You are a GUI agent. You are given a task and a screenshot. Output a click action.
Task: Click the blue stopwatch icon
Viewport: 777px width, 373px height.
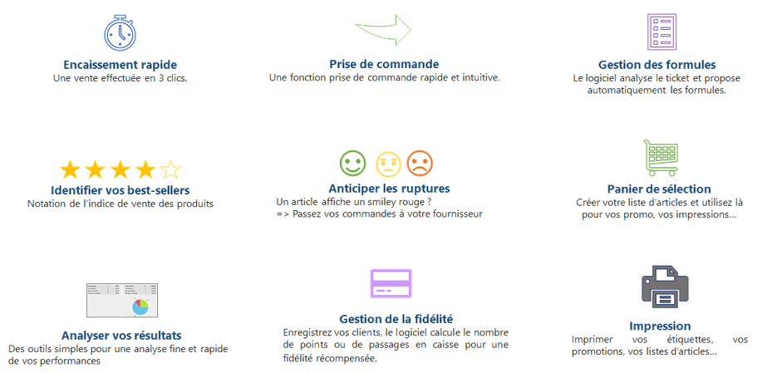(x=120, y=34)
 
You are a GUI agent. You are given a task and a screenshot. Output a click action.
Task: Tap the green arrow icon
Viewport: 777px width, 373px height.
(x=384, y=30)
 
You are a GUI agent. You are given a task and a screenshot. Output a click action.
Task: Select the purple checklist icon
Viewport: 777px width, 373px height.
(x=661, y=32)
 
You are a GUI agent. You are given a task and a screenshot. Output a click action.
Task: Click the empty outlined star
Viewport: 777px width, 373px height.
(x=171, y=170)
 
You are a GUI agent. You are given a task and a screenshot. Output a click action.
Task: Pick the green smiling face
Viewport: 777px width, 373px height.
(x=352, y=164)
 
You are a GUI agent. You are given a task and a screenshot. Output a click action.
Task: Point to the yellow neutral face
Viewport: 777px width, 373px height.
(x=388, y=164)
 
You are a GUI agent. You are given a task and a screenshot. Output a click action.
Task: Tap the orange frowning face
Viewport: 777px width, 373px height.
(x=420, y=164)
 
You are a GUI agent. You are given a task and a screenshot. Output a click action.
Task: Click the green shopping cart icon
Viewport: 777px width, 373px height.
(x=661, y=158)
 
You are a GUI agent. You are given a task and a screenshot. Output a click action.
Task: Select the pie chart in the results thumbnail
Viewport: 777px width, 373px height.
(x=140, y=307)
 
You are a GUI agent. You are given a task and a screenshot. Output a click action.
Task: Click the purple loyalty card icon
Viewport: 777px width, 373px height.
(x=391, y=283)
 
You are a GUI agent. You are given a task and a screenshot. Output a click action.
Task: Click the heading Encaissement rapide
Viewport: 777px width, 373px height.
(x=120, y=65)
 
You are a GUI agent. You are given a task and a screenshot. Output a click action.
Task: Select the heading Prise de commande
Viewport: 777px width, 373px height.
(x=384, y=65)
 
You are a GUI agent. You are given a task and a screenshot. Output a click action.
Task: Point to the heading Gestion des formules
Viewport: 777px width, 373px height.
(x=657, y=65)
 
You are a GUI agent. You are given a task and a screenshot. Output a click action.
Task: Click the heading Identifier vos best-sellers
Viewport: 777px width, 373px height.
(x=120, y=190)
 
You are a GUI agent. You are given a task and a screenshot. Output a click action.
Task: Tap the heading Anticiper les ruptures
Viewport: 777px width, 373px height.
(x=389, y=189)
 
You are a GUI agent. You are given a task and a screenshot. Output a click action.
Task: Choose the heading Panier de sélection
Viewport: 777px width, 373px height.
(x=659, y=189)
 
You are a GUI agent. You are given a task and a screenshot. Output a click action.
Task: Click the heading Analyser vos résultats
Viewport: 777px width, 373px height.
(x=121, y=336)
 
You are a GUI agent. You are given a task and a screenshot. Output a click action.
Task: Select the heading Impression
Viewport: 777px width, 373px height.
(x=660, y=326)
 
